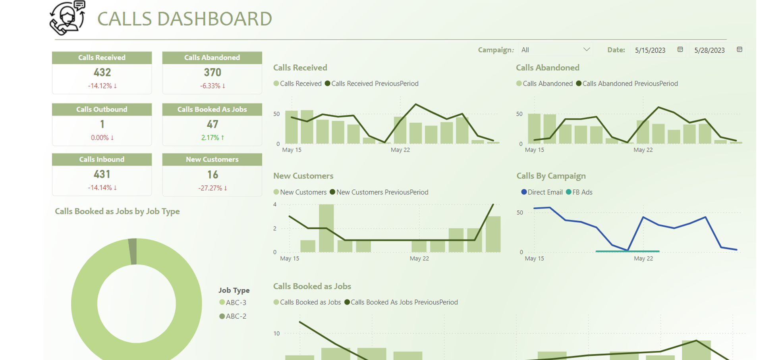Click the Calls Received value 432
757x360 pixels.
click(102, 73)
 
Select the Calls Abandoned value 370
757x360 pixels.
click(212, 73)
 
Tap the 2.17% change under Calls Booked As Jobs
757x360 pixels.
click(212, 138)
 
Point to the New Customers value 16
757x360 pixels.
click(212, 175)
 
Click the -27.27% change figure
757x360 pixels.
click(212, 188)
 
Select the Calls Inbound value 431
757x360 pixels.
click(102, 174)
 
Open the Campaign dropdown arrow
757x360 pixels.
click(586, 50)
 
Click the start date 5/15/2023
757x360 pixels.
click(650, 50)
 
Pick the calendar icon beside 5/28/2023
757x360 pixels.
click(740, 50)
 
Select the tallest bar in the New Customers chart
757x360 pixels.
click(326, 228)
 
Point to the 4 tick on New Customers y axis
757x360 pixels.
click(275, 205)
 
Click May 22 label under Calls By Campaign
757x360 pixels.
click(643, 258)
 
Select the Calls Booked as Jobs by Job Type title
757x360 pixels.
click(117, 212)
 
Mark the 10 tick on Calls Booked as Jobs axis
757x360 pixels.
click(276, 333)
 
